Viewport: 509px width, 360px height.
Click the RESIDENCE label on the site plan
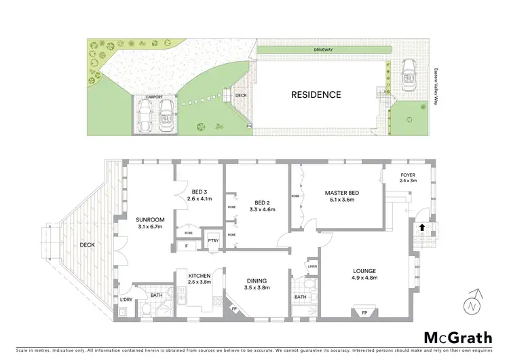pos(316,94)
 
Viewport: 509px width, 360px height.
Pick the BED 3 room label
pos(199,190)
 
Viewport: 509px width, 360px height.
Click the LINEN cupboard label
pos(312,266)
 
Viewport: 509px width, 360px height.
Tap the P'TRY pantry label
pos(212,240)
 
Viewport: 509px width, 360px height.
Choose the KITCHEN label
pos(191,274)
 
